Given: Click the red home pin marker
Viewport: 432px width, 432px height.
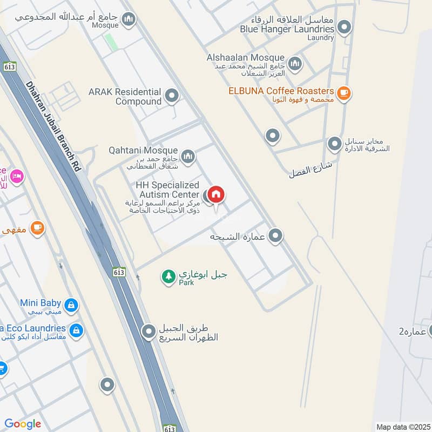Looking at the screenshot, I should pyautogui.click(x=216, y=194).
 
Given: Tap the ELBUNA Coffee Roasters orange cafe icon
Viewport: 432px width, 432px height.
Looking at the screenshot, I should pyautogui.click(x=343, y=93).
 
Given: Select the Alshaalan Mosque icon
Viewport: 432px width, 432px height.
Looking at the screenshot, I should pyautogui.click(x=295, y=65).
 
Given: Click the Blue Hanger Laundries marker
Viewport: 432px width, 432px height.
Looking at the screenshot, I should pyautogui.click(x=345, y=27).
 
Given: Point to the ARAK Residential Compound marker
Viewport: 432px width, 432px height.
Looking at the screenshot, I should pyautogui.click(x=172, y=96).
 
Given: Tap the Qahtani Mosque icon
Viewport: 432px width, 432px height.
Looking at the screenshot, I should pyautogui.click(x=188, y=157).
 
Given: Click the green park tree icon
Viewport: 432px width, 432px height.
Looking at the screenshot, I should pyautogui.click(x=168, y=276).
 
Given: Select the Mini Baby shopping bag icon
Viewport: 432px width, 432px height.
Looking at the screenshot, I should pyautogui.click(x=71, y=306).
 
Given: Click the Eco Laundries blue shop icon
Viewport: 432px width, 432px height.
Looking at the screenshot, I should pyautogui.click(x=76, y=330).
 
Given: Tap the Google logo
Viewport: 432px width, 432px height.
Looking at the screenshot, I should pyautogui.click(x=23, y=424).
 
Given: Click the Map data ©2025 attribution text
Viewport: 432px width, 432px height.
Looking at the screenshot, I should pyautogui.click(x=402, y=427).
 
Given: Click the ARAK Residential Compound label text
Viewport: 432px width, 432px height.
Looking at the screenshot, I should pyautogui.click(x=125, y=97).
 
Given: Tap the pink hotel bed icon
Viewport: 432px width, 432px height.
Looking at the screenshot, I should pyautogui.click(x=17, y=176).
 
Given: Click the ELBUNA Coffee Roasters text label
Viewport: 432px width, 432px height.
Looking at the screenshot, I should pyautogui.click(x=281, y=91).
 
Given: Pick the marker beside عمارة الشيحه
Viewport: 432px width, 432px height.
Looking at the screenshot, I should pyautogui.click(x=275, y=236).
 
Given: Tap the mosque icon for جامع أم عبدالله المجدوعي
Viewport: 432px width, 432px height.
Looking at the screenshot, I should pyautogui.click(x=129, y=20).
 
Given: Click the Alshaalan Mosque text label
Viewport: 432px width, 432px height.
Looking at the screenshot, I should pyautogui.click(x=245, y=57).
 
